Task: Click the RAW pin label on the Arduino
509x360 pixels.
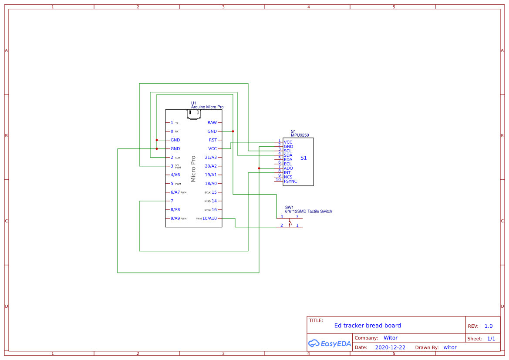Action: coord(212,123)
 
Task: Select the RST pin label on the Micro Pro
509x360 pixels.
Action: coord(212,140)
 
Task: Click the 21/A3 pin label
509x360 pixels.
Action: coord(211,158)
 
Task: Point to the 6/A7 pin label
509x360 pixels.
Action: coord(175,192)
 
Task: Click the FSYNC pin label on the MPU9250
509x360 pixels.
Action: coord(290,181)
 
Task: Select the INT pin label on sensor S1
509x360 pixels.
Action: coord(287,173)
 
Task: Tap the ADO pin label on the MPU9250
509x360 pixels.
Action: coord(288,168)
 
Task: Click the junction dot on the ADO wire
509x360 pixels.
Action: coord(259,168)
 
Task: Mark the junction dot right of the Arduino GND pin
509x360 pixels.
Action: coord(233,131)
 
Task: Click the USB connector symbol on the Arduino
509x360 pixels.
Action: coord(194,114)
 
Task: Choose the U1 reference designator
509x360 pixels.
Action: coord(194,103)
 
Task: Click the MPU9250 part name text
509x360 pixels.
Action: coord(300,135)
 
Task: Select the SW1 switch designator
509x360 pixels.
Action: coord(289,208)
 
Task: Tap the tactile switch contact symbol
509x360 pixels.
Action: coord(290,224)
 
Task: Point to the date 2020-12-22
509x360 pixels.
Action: coord(390,347)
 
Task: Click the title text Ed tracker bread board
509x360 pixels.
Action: coord(367,326)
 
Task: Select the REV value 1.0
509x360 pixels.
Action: coord(489,326)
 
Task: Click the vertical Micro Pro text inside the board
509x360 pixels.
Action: coord(193,168)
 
